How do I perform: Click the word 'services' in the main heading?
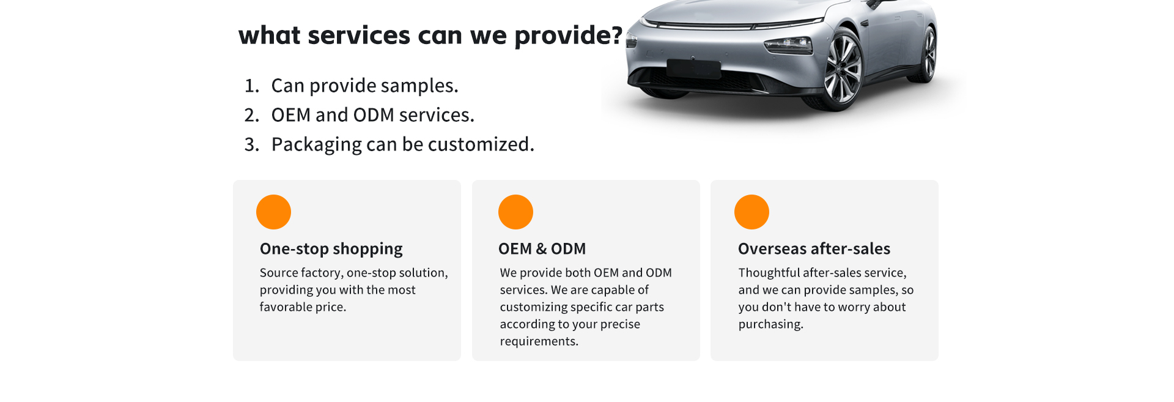[359, 35]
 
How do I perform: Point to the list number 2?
[251, 115]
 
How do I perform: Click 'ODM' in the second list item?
[374, 115]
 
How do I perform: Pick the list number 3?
[251, 144]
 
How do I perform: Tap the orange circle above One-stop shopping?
[273, 212]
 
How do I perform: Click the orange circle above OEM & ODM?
[515, 212]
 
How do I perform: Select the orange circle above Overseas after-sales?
[751, 212]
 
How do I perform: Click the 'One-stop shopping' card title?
[331, 249]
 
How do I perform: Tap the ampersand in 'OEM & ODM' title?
[541, 249]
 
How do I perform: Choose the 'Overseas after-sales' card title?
[814, 248]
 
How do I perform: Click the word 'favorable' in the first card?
[285, 307]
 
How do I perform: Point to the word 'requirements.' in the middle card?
[539, 341]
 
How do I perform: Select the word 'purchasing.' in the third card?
[770, 324]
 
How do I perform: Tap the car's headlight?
[788, 45]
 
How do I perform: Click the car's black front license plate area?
[694, 69]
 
